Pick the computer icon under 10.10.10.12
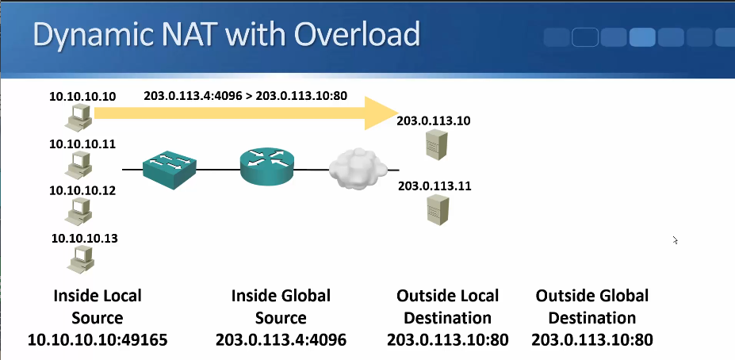pyautogui.click(x=78, y=210)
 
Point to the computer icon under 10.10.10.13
pyautogui.click(x=78, y=258)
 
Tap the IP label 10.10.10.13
pyautogui.click(x=84, y=237)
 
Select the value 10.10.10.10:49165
pyautogui.click(x=98, y=340)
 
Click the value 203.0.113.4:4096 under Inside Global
pyautogui.click(x=281, y=340)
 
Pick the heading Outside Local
pyautogui.click(x=447, y=296)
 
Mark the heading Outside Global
pyautogui.click(x=592, y=296)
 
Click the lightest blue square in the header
pyautogui.click(x=641, y=36)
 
